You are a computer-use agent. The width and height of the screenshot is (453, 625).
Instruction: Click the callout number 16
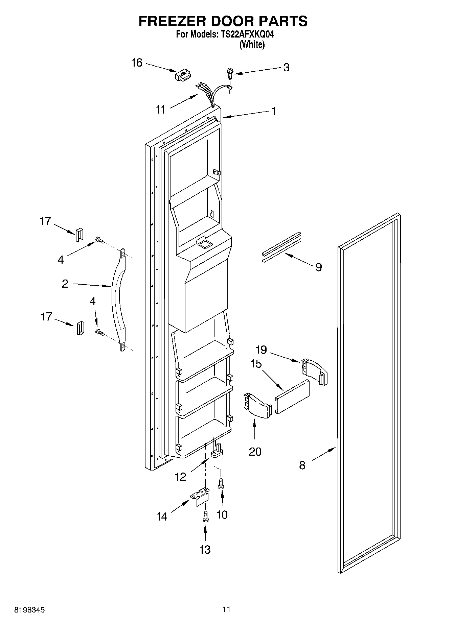pyautogui.click(x=137, y=63)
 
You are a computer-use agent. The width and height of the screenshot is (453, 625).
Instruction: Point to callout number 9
pyautogui.click(x=318, y=267)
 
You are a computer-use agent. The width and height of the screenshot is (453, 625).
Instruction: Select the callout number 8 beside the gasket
pyautogui.click(x=302, y=465)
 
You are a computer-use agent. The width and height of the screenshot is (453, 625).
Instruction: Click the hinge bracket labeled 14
pyautogui.click(x=201, y=497)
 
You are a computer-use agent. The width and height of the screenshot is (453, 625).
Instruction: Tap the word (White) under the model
pyautogui.click(x=252, y=44)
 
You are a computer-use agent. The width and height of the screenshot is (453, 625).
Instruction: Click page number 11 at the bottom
pyautogui.click(x=226, y=609)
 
